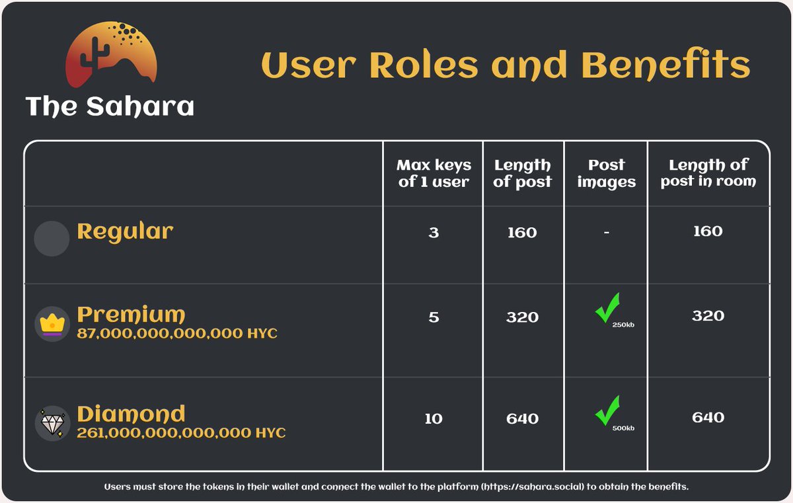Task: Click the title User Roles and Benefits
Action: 506,65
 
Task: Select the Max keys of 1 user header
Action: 434,173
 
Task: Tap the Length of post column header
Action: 522,173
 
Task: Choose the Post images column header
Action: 606,173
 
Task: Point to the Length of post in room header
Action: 708,173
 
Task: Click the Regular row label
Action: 125,231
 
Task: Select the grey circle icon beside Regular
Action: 52,239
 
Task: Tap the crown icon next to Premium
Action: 52,324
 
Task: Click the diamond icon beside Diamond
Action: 52,423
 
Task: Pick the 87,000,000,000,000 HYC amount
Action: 177,334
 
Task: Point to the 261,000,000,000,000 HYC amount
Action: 181,434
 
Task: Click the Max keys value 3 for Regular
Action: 434,233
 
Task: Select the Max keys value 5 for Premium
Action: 434,317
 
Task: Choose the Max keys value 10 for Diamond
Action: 434,419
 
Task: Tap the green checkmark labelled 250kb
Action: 607,309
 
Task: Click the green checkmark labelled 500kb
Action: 607,410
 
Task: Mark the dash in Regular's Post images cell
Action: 606,233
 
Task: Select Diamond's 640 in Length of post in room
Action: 708,418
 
